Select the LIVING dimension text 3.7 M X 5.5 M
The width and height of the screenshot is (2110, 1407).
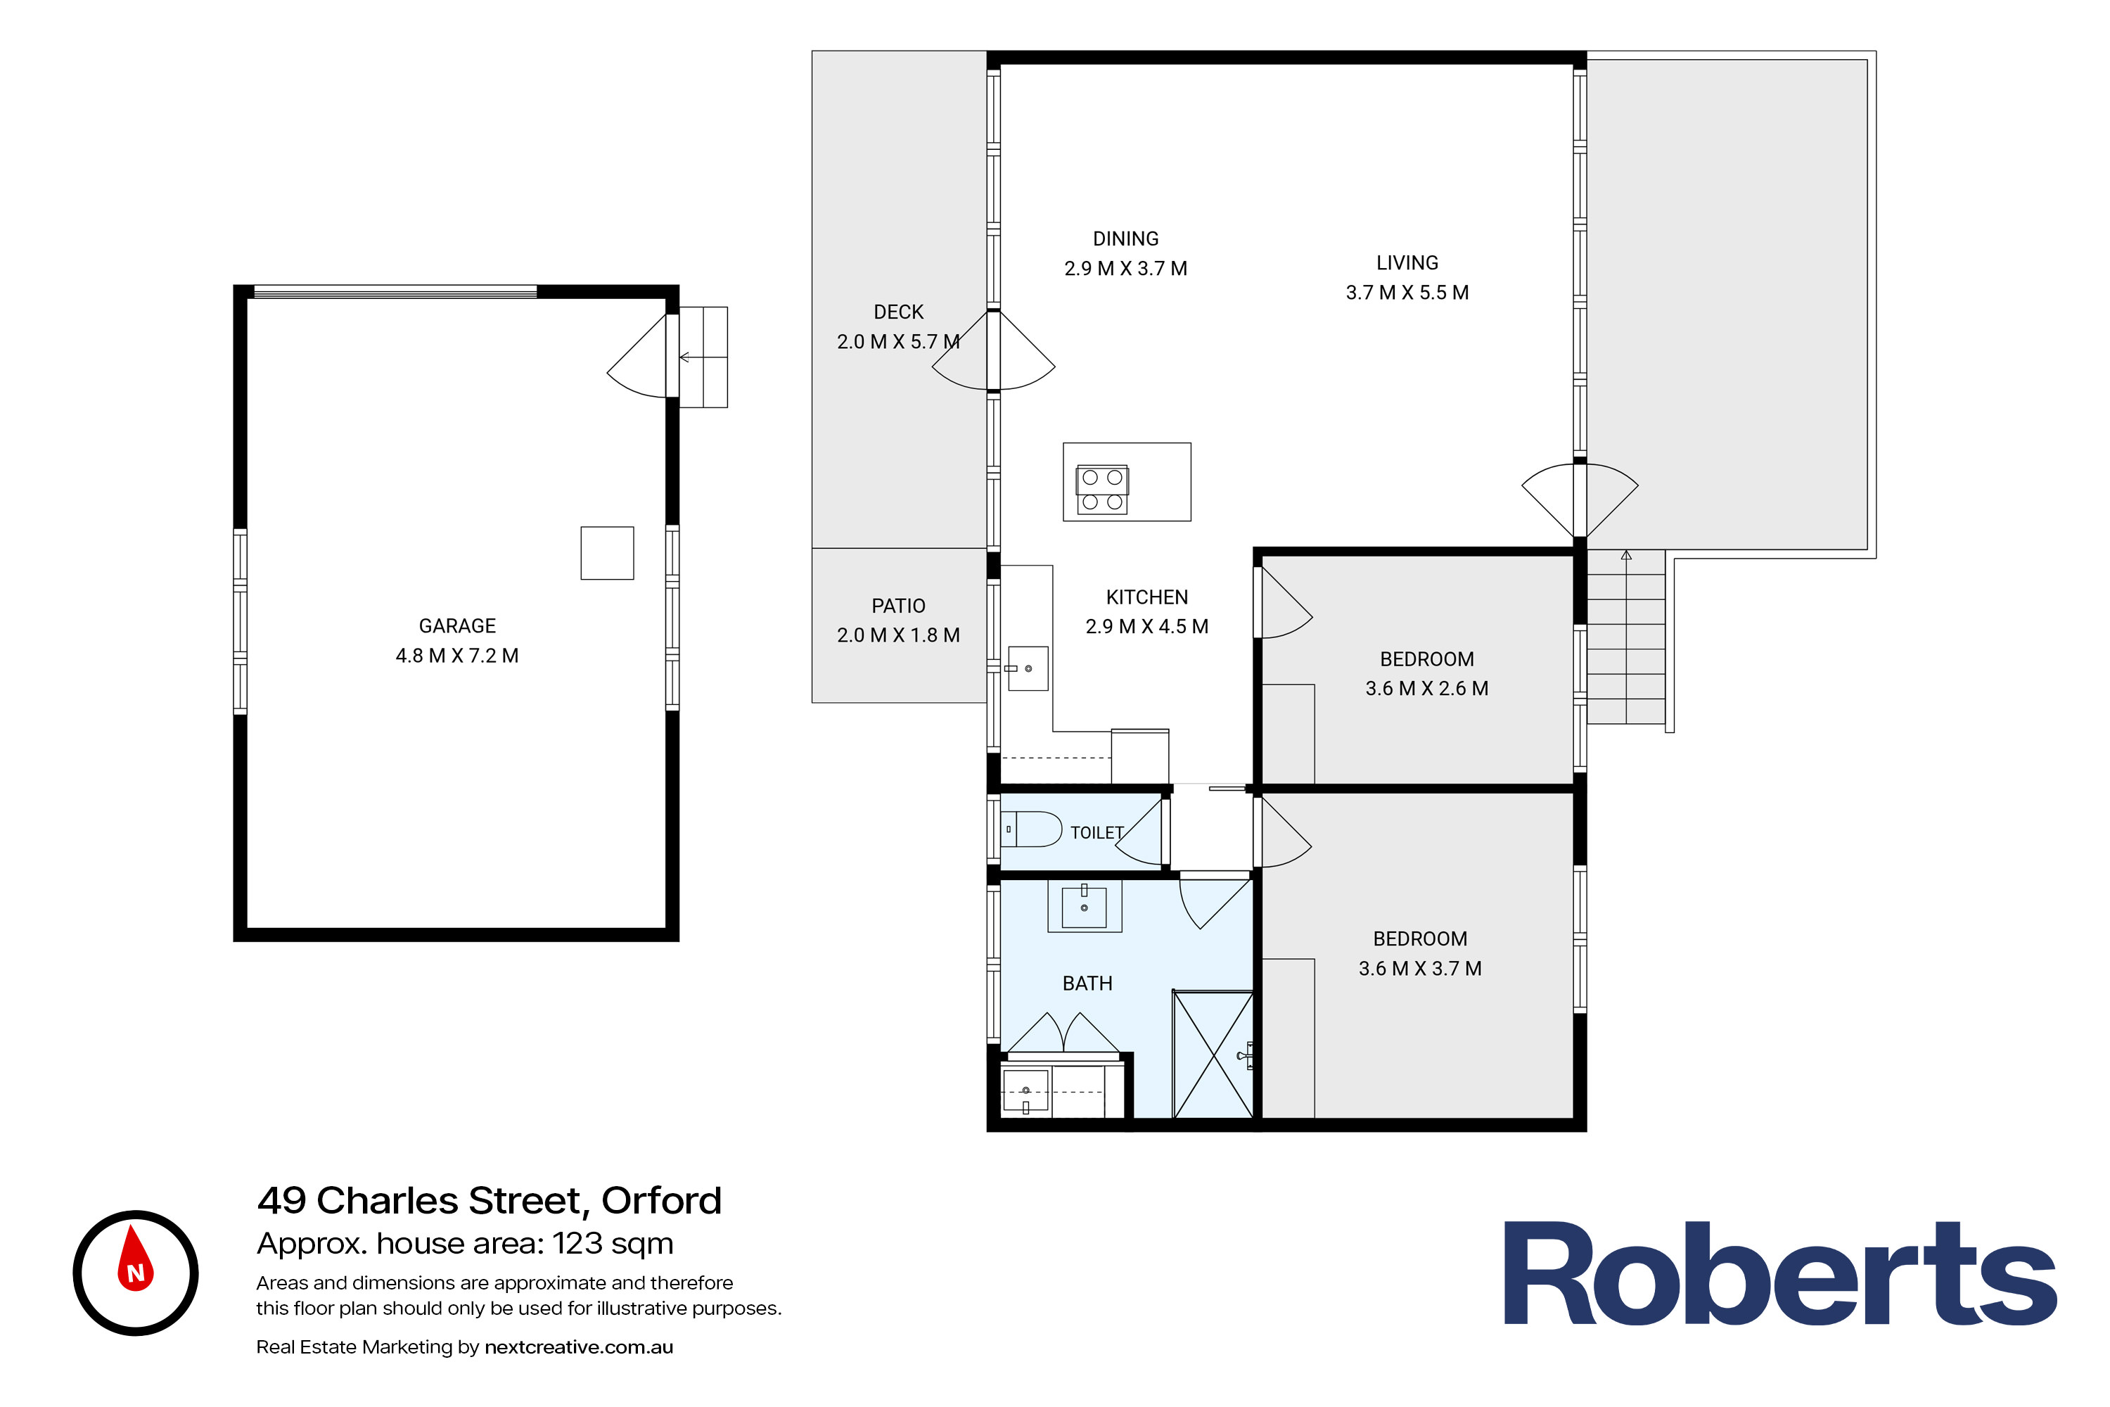(1407, 293)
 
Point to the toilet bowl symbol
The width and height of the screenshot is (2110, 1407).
(1032, 829)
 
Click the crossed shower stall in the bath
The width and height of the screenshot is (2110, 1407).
(1213, 1055)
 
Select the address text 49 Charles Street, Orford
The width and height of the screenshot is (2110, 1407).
(489, 1201)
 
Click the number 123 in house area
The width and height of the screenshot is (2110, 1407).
(576, 1244)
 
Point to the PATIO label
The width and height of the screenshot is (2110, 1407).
(898, 606)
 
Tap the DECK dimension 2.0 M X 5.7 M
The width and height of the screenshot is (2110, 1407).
(898, 342)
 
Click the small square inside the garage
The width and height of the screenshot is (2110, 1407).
(608, 553)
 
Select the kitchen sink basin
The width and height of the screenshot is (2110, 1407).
(1028, 668)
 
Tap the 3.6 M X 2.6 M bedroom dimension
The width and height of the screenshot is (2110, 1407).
(1426, 688)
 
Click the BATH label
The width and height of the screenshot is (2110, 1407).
(1087, 983)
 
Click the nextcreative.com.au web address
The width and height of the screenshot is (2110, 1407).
(579, 1347)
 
